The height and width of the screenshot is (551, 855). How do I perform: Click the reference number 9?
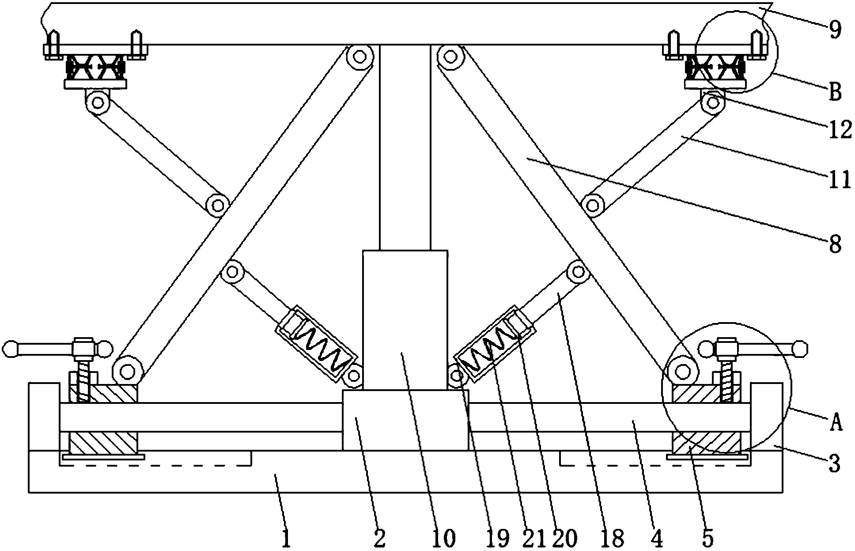point(835,30)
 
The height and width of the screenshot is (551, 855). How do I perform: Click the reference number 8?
point(835,244)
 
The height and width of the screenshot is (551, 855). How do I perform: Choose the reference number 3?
point(834,464)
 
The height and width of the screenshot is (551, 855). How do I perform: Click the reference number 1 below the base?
point(286,539)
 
